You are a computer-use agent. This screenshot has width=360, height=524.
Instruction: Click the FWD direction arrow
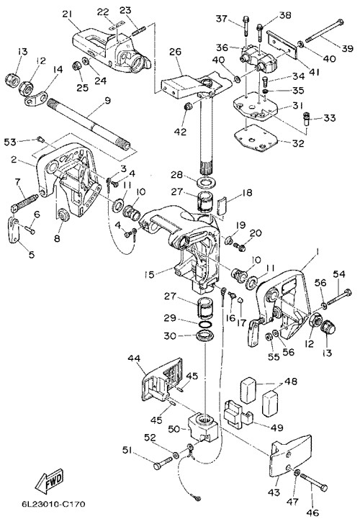point(49,482)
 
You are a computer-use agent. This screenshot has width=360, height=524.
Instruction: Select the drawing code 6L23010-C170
point(53,504)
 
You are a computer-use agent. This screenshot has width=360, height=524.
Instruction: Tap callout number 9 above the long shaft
point(107,101)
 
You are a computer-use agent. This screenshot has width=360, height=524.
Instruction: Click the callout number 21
point(68,14)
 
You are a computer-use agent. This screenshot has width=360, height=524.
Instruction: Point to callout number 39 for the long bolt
point(348,49)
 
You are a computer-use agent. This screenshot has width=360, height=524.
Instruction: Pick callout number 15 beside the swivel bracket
point(150,274)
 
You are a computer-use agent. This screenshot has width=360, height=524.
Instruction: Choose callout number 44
point(135,358)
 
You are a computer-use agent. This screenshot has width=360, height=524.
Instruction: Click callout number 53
point(10,142)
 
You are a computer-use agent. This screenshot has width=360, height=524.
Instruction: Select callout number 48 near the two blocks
point(290,381)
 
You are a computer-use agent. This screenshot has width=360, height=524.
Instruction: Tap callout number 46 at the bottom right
point(313,512)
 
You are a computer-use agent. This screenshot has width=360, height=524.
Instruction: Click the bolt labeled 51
point(163,464)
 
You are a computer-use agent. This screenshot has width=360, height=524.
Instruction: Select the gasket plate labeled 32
point(256,140)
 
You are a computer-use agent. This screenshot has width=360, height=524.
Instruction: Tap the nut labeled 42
point(188,107)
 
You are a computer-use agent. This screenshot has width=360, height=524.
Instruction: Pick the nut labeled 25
point(76,66)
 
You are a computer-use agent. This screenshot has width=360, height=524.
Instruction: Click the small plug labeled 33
point(307,119)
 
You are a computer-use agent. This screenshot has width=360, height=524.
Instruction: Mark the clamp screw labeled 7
point(24,203)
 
